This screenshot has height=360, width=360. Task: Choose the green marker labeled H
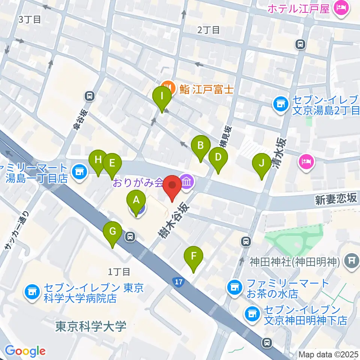click(x=98, y=162)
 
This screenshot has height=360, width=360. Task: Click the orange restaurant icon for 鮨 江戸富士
click(x=168, y=88)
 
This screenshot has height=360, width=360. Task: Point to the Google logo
click(x=25, y=351)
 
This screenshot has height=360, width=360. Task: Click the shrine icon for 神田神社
click(x=352, y=259)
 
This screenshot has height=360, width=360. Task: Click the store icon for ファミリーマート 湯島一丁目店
click(x=78, y=172)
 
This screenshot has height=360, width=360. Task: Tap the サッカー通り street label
click(x=16, y=231)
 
